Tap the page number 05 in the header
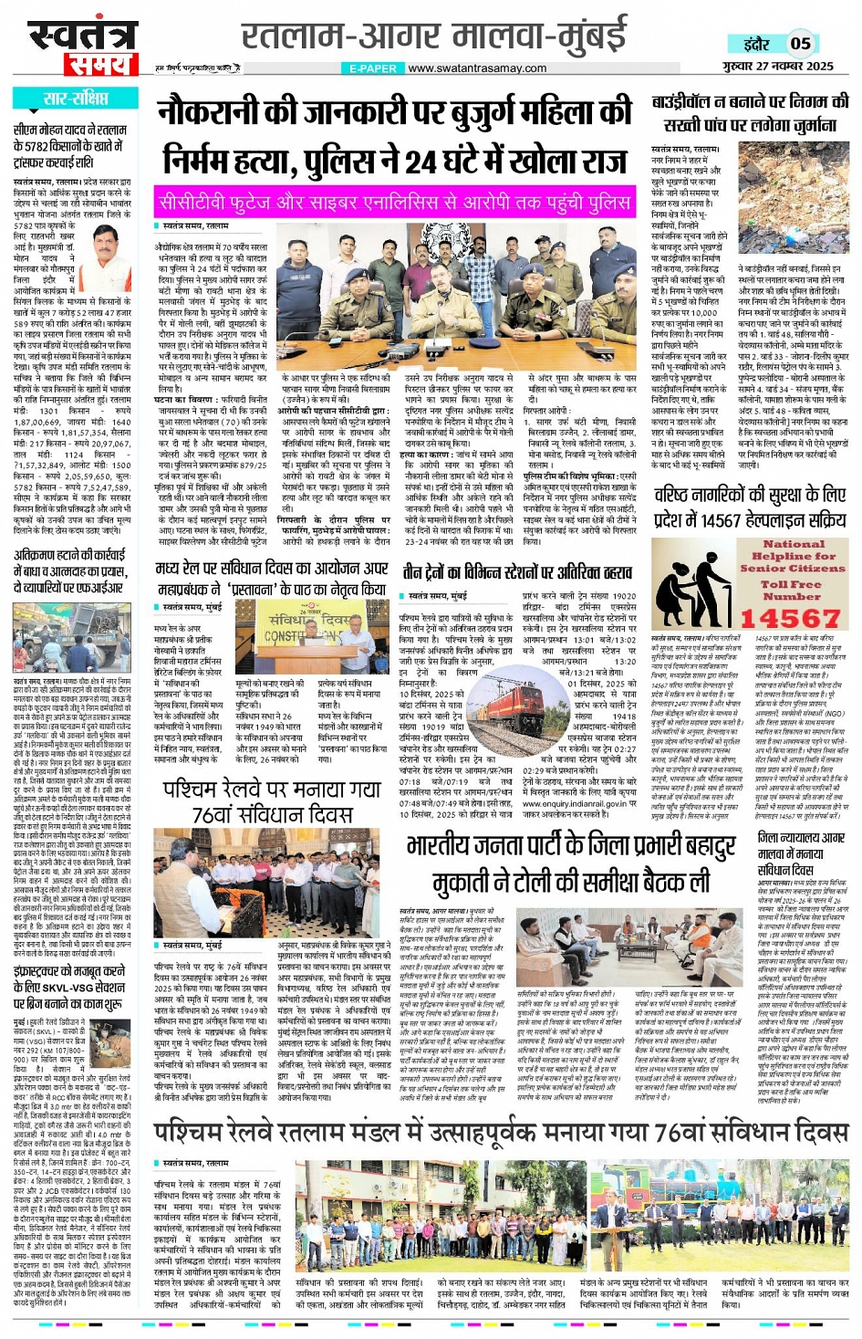click(800, 43)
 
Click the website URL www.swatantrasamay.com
click(477, 68)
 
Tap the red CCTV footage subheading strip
click(394, 201)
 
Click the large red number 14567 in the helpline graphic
click(790, 618)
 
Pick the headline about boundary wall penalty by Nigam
click(751, 113)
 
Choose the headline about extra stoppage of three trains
click(517, 572)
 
